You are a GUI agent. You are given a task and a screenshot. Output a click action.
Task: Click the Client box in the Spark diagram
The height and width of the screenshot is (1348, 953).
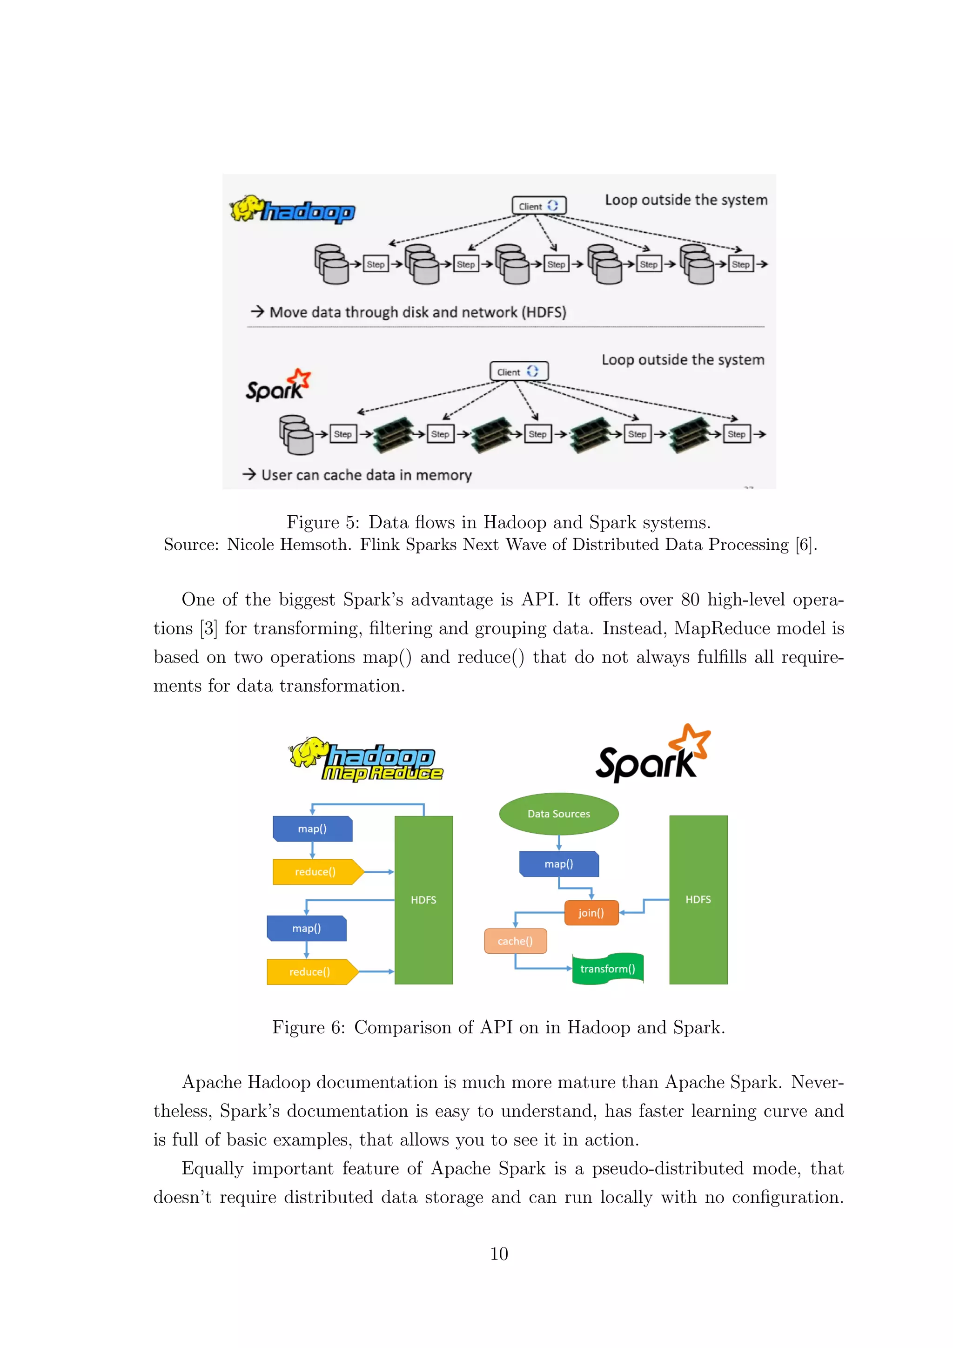519,371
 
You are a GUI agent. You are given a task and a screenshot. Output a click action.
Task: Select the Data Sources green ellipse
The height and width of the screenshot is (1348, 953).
559,814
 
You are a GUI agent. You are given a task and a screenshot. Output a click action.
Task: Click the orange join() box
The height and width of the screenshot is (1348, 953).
591,913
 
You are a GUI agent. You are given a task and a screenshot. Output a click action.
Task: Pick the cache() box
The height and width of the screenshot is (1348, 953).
515,941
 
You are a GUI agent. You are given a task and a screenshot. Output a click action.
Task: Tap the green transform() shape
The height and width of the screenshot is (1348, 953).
607,969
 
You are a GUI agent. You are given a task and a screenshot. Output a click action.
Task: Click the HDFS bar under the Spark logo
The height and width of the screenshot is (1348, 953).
698,899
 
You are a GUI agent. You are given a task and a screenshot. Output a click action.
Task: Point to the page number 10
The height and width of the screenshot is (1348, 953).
499,1254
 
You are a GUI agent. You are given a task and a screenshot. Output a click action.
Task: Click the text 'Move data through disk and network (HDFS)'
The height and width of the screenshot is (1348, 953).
417,312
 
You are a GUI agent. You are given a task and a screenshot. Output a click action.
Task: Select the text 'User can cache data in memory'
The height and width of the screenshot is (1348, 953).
366,475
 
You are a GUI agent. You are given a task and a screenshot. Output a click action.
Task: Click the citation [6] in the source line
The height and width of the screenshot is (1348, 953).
804,545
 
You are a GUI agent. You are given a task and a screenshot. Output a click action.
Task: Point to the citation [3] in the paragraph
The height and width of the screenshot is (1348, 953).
209,629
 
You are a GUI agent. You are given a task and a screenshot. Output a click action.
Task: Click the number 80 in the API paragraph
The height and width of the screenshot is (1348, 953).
690,600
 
